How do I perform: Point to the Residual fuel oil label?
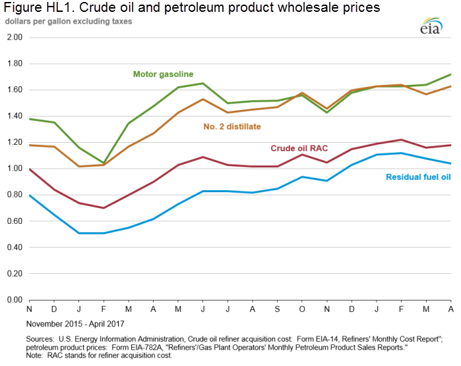click(x=417, y=177)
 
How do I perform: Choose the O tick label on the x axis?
click(x=302, y=309)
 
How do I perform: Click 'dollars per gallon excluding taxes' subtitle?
click(x=69, y=21)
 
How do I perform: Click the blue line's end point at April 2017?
click(x=450, y=163)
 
